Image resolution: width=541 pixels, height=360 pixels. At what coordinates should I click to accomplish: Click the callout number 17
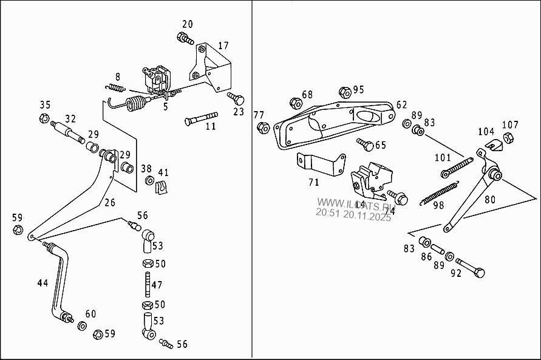(223, 46)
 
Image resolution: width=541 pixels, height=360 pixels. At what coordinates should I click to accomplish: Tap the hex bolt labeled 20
(184, 39)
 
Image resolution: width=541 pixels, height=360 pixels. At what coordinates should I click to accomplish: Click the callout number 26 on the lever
(109, 203)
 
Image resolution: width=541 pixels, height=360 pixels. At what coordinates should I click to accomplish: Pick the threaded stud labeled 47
(148, 284)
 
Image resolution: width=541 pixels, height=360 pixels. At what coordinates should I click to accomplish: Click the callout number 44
(43, 283)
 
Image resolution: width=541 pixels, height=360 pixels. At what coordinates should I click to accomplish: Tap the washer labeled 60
(82, 327)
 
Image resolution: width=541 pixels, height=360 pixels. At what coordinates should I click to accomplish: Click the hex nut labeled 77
(263, 128)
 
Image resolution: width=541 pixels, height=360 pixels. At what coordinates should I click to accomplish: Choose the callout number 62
(402, 104)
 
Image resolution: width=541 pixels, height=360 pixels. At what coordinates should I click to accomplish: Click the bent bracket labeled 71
(319, 165)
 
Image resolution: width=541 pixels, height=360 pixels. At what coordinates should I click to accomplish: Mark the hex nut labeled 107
(509, 139)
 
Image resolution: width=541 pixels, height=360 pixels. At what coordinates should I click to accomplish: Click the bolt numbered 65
(365, 144)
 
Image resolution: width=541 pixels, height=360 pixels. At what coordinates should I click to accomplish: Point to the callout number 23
(239, 112)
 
